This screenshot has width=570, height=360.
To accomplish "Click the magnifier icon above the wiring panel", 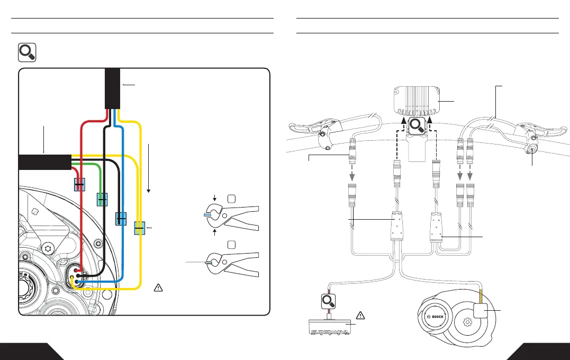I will (x=26, y=52).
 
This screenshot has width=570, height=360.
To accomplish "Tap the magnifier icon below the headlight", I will (x=417, y=126).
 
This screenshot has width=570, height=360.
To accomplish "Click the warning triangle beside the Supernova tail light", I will (x=360, y=316).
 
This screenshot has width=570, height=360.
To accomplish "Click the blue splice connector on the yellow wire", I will (x=139, y=229).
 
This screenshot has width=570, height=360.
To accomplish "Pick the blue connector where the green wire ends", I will (x=102, y=200).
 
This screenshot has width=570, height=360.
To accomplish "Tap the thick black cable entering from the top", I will (x=112, y=88).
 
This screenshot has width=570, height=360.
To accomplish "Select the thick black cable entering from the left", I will (x=44, y=161).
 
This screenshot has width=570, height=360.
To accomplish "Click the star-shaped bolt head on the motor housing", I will (x=49, y=247).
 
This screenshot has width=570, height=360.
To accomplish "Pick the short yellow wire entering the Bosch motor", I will (x=482, y=296).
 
